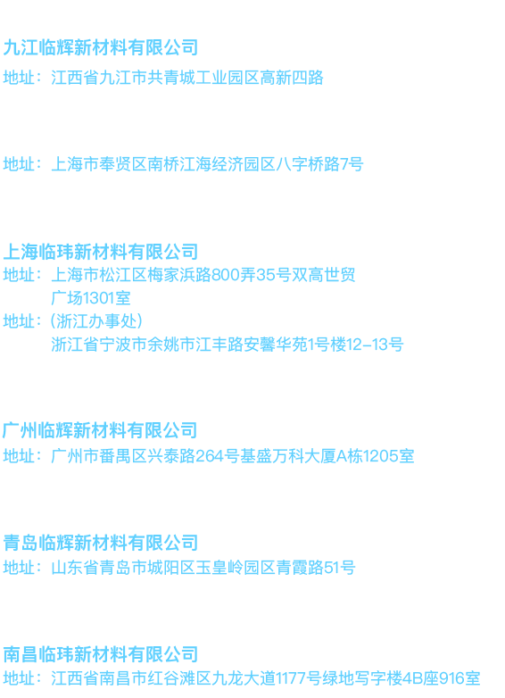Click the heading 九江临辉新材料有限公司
click(x=101, y=47)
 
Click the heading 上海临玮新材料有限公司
click(x=101, y=252)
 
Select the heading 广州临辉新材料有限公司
click(x=100, y=430)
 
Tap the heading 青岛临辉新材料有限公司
click(x=101, y=543)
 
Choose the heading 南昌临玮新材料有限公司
click(x=101, y=654)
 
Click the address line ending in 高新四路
click(x=163, y=78)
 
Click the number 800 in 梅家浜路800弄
click(x=226, y=275)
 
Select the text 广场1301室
click(x=91, y=298)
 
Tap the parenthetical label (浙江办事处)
click(x=96, y=321)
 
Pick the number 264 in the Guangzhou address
click(x=210, y=456)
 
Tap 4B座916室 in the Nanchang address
click(x=441, y=678)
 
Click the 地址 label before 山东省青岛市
click(x=19, y=568)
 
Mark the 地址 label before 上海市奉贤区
click(x=19, y=164)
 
